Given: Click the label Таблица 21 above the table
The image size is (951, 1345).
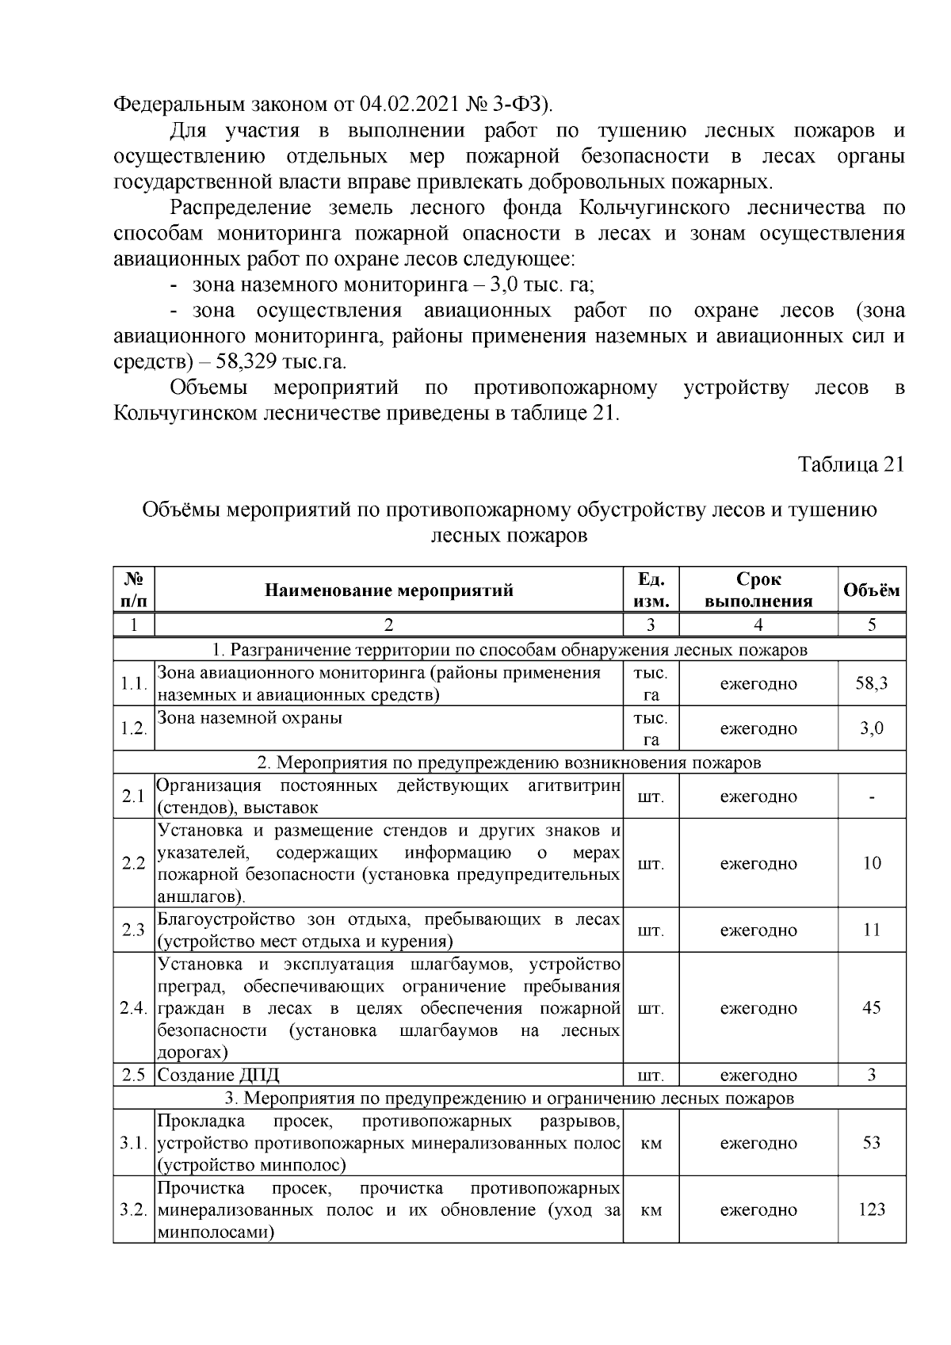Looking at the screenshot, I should pyautogui.click(x=850, y=464).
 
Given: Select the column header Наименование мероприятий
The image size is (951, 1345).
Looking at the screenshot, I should pyautogui.click(x=388, y=590).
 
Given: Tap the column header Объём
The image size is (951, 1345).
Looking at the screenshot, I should pyautogui.click(x=871, y=590).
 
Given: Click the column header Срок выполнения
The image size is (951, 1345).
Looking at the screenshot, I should pyautogui.click(x=758, y=590).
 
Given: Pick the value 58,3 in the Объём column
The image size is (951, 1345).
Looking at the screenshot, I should pyautogui.click(x=871, y=683).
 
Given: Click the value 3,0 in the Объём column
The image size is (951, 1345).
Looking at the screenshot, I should pyautogui.click(x=871, y=728).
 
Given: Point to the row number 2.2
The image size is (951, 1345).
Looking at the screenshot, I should pyautogui.click(x=133, y=863).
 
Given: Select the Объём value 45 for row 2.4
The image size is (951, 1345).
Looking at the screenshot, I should pyautogui.click(x=871, y=1007).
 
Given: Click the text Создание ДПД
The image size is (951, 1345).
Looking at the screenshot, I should pyautogui.click(x=219, y=1076).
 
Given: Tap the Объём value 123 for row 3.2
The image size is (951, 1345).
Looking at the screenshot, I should pyautogui.click(x=871, y=1209).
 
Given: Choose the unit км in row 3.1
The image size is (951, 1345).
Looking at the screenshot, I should pyautogui.click(x=651, y=1143).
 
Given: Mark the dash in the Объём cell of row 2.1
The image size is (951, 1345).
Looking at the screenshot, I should pyautogui.click(x=871, y=797).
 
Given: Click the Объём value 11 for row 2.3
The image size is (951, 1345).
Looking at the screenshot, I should pyautogui.click(x=871, y=930).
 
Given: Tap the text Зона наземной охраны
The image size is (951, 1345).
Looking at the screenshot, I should pyautogui.click(x=250, y=718).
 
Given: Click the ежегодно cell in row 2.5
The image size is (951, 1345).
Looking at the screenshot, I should pyautogui.click(x=758, y=1076).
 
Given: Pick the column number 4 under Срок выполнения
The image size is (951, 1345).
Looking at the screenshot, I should pyautogui.click(x=758, y=625).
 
